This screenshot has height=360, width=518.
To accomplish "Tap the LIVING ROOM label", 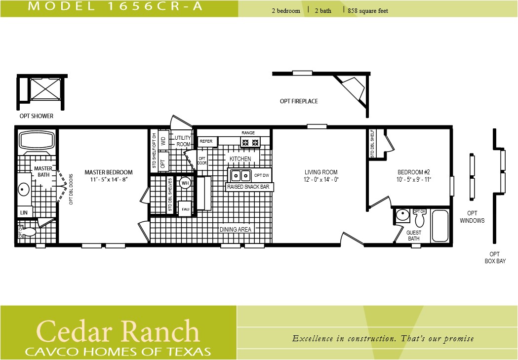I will click(321, 172).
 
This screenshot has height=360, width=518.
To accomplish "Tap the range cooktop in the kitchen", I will click(249, 143).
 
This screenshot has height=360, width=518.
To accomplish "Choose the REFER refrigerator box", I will click(206, 142).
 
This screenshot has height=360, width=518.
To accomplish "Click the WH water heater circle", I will click(185, 183).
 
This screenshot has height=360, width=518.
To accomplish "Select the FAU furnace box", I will click(185, 209).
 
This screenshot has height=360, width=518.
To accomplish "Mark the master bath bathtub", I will click(36, 141).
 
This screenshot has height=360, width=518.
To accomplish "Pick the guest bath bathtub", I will click(439, 226).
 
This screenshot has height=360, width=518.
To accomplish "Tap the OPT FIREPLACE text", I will click(299, 101).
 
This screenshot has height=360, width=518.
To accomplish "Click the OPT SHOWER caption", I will click(35, 117).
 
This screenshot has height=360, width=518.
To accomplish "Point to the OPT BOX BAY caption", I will click(495, 257).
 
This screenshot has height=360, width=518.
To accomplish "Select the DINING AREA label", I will click(236, 229).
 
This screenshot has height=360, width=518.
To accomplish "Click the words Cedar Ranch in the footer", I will click(118, 331).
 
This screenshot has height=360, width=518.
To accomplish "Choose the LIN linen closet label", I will click(24, 212).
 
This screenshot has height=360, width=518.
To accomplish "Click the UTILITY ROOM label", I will click(183, 141).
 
